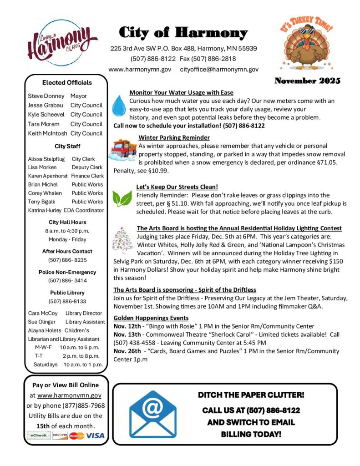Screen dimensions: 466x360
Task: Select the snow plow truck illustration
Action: coord(123,150)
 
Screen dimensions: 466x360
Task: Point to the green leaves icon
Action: coord(122,198)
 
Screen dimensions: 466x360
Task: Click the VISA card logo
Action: coord(96,436)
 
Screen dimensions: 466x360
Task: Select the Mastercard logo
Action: coord(77,436)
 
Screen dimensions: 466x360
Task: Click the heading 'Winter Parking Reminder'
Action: coord(174,137)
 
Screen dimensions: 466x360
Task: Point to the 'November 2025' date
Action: coord(307,81)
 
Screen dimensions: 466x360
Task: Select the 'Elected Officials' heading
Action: coord(67,82)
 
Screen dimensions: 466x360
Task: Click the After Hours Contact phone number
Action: coord(67,260)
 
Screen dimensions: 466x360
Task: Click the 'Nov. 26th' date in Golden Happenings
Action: coord(126,351)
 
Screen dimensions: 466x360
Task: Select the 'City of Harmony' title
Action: coord(183,33)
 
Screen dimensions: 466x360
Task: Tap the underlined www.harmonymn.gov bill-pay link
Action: coord(69,396)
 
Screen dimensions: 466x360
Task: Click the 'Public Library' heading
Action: coord(67,293)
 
